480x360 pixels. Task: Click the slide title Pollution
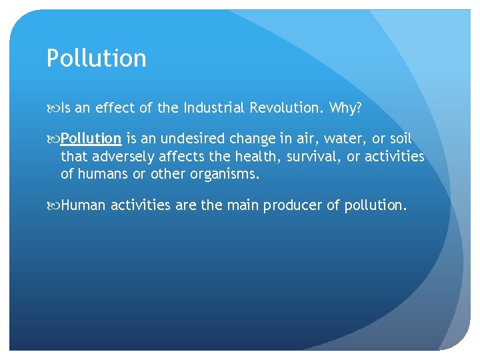pyautogui.click(x=96, y=59)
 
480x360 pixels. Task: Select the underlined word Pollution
pyautogui.click(x=91, y=139)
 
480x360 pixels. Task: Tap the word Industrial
pyautogui.click(x=215, y=107)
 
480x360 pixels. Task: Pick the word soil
pyautogui.click(x=399, y=139)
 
